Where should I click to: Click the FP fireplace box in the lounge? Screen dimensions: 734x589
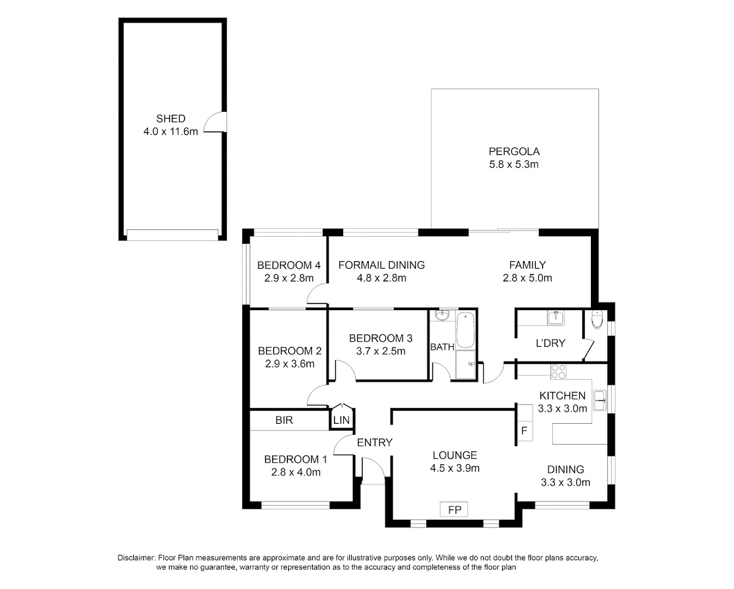pyautogui.click(x=454, y=509)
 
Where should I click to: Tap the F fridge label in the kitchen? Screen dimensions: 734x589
pyautogui.click(x=524, y=431)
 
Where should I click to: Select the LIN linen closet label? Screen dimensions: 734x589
pyautogui.click(x=341, y=421)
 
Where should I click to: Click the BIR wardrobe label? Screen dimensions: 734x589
pyautogui.click(x=284, y=420)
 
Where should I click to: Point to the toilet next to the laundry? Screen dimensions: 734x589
pyautogui.click(x=597, y=319)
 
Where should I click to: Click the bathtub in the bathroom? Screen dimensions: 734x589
pyautogui.click(x=465, y=330)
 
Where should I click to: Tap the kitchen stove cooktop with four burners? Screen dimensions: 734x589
pyautogui.click(x=558, y=371)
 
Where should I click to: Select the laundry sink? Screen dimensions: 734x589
pyautogui.click(x=556, y=318)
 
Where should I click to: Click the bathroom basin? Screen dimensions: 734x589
pyautogui.click(x=442, y=316)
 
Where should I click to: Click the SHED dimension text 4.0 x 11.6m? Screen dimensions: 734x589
pyautogui.click(x=171, y=132)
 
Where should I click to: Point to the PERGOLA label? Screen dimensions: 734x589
pyautogui.click(x=514, y=152)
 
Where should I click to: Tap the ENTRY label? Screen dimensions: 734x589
pyautogui.click(x=375, y=443)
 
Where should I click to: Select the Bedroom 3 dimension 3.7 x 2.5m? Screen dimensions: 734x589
pyautogui.click(x=380, y=351)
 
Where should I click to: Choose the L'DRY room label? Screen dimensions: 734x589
pyautogui.click(x=550, y=343)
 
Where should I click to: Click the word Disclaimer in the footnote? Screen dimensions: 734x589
pyautogui.click(x=136, y=558)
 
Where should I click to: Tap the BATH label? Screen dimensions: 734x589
pyautogui.click(x=442, y=347)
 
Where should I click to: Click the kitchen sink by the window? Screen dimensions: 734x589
pyautogui.click(x=600, y=400)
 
